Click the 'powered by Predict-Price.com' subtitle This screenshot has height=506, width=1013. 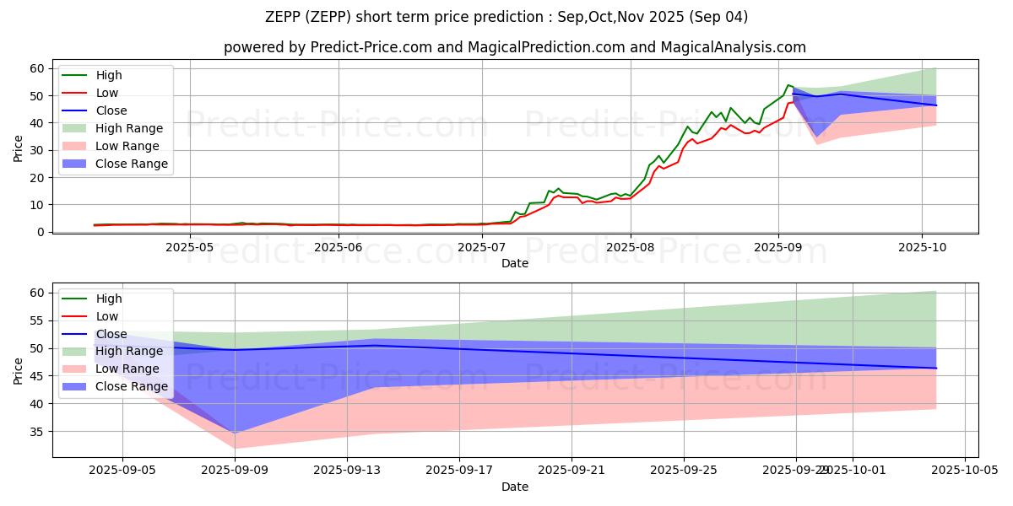point(514,47)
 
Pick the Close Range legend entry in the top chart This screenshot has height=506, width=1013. point(131,164)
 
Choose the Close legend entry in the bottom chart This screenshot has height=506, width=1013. point(111,333)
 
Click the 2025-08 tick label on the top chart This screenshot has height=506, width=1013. point(630,246)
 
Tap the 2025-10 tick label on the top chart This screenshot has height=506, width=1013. point(922,246)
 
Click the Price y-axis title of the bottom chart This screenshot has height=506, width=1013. point(19,370)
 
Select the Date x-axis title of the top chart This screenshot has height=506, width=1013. point(514,263)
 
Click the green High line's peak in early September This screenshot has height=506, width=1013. point(788,85)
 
